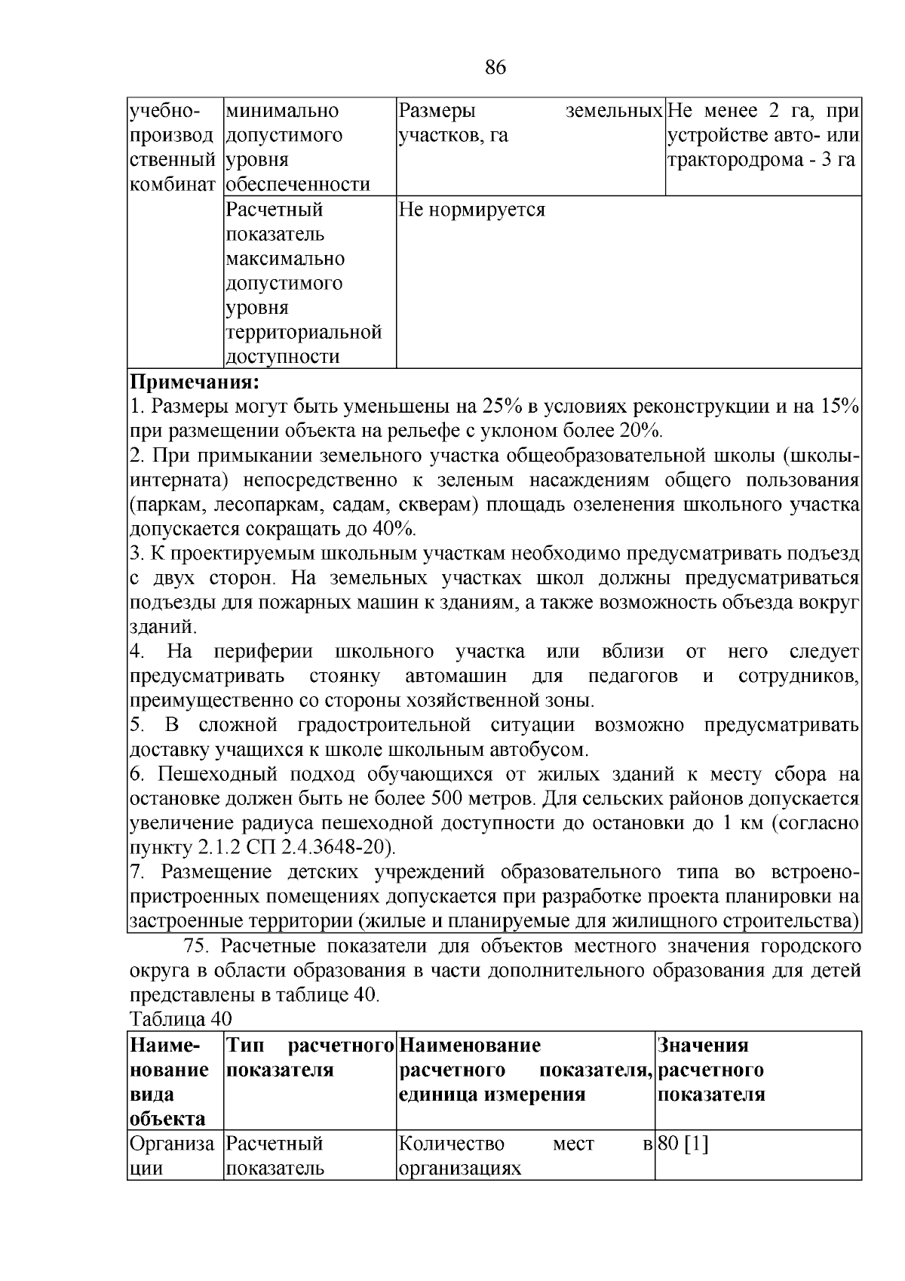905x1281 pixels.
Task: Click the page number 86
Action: (495, 68)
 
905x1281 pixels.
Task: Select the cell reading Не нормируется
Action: (471, 210)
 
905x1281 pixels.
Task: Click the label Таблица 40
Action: (180, 1019)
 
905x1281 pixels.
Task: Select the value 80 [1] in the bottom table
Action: (683, 1144)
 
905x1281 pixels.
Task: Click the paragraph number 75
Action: (197, 946)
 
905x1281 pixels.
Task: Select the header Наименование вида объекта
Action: (170, 1081)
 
